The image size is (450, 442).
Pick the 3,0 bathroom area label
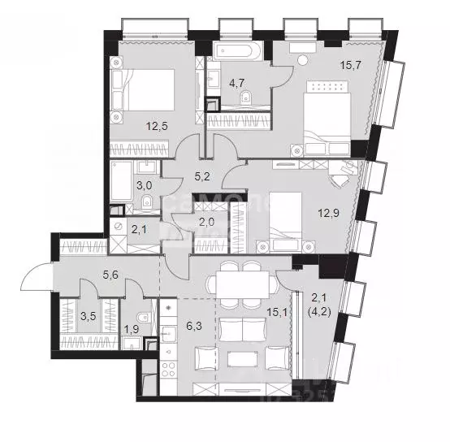(145, 185)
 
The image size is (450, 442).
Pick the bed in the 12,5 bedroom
(149, 93)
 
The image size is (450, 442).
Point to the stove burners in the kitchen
(168, 368)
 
